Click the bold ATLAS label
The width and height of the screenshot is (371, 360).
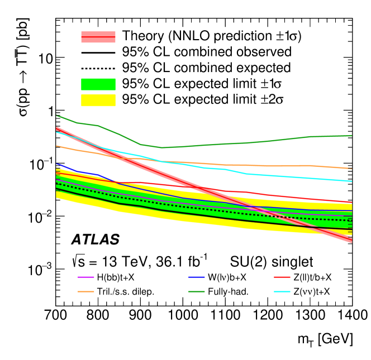[96, 240]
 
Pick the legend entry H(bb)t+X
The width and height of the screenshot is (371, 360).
[120, 277]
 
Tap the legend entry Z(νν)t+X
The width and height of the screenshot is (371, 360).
[306, 291]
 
